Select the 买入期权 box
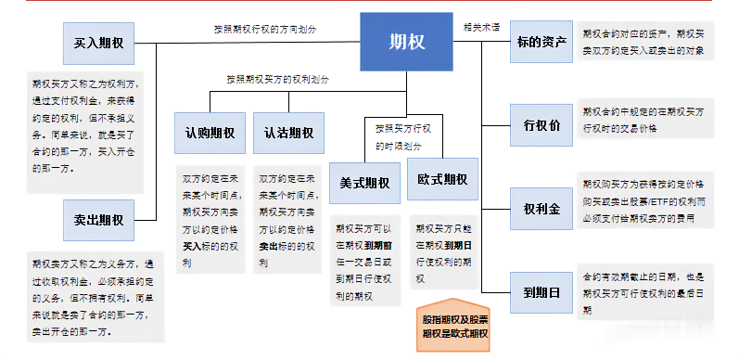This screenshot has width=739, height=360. (x=99, y=43)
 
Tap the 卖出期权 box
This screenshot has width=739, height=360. (x=99, y=220)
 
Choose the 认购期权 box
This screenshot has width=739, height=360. (x=210, y=133)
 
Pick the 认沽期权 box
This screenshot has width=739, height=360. (x=288, y=133)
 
